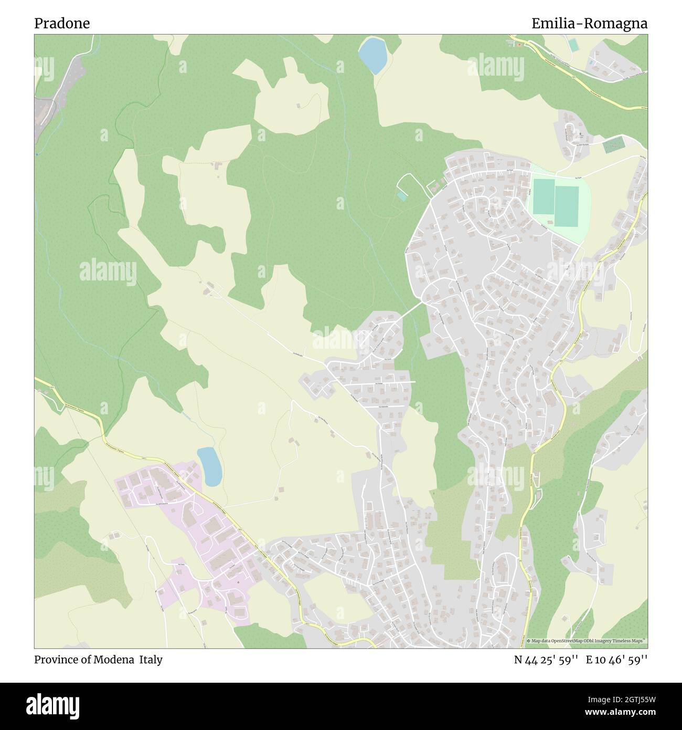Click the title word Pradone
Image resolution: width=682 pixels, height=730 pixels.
pyautogui.click(x=62, y=24)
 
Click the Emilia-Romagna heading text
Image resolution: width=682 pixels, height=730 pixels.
pyautogui.click(x=589, y=24)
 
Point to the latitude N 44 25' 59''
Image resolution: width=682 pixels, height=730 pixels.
pyautogui.click(x=546, y=660)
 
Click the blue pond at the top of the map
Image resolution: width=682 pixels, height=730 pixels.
pyautogui.click(x=373, y=55)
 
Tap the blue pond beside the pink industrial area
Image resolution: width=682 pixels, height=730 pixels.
pyautogui.click(x=209, y=466)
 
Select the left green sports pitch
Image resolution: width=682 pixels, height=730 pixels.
pyautogui.click(x=542, y=196)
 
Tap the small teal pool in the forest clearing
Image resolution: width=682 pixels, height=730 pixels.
pyautogui.click(x=401, y=196)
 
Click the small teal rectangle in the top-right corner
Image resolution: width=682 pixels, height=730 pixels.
pyautogui.click(x=573, y=46)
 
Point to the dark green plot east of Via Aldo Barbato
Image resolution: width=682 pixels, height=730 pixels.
pyautogui.click(x=612, y=147)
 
